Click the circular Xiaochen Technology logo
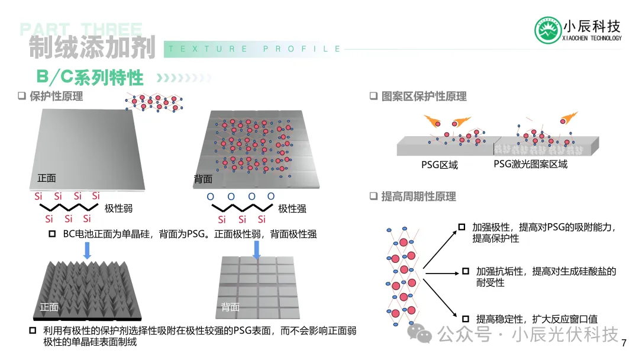click(x=548, y=30)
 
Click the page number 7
click(x=624, y=343)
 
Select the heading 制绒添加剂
click(x=92, y=47)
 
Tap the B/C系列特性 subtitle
click(x=90, y=77)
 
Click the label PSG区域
click(x=439, y=165)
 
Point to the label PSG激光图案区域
click(x=531, y=164)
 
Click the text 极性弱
click(x=118, y=208)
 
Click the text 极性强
click(x=292, y=209)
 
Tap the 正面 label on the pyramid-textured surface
click(x=49, y=307)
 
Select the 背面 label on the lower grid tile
click(x=230, y=307)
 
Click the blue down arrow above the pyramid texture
click(x=87, y=250)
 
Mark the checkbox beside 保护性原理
click(x=22, y=96)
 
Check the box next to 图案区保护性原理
click(x=373, y=96)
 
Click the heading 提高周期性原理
click(x=418, y=197)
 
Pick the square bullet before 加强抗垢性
click(x=466, y=271)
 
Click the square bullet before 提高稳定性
click(x=466, y=319)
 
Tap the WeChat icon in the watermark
click(x=419, y=333)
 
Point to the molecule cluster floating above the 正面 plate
click(x=154, y=102)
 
